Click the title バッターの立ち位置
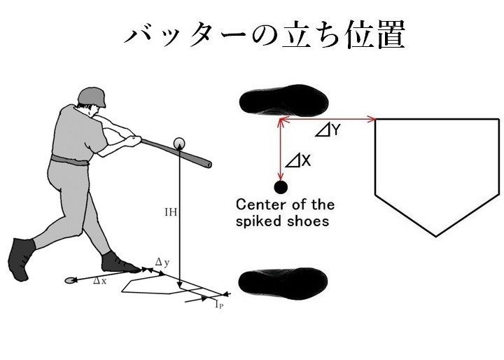coord(265,36)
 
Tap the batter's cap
coord(93,97)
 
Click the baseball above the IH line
coord(179,143)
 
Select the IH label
coord(170,211)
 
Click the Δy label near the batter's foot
coord(162,262)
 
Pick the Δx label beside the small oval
coord(100,281)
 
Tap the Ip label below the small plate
coord(219,305)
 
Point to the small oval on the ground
coord(70,280)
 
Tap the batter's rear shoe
coord(21,259)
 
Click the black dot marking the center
coord(281,187)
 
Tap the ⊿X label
coord(298,161)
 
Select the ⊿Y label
coord(327,130)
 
